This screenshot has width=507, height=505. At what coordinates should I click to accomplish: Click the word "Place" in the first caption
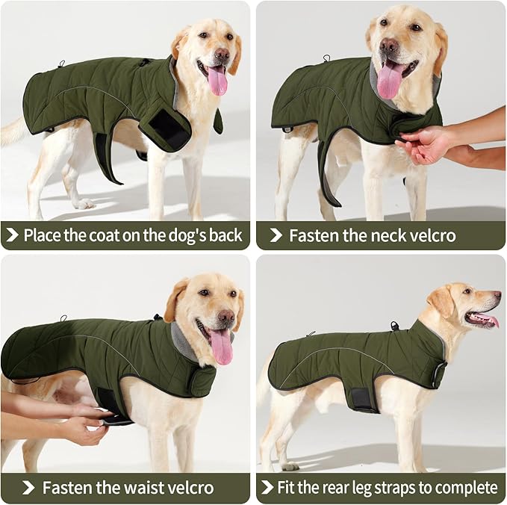[x=43, y=236]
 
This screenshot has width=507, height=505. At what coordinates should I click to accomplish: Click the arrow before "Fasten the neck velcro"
[x=276, y=236]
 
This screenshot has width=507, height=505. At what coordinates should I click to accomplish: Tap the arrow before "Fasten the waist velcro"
[x=28, y=489]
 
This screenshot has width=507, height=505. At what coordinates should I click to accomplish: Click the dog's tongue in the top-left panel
[x=217, y=80]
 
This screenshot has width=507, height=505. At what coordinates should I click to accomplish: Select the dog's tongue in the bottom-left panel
[x=222, y=347]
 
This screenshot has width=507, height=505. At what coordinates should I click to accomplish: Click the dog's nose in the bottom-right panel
[x=497, y=297]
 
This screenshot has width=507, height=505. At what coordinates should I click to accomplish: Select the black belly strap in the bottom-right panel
[x=364, y=400]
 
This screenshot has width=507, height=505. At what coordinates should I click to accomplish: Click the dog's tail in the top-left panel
[x=13, y=132]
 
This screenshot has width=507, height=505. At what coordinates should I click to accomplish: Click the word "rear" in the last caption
[x=338, y=489]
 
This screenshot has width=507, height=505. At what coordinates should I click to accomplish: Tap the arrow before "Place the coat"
[x=11, y=236]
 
